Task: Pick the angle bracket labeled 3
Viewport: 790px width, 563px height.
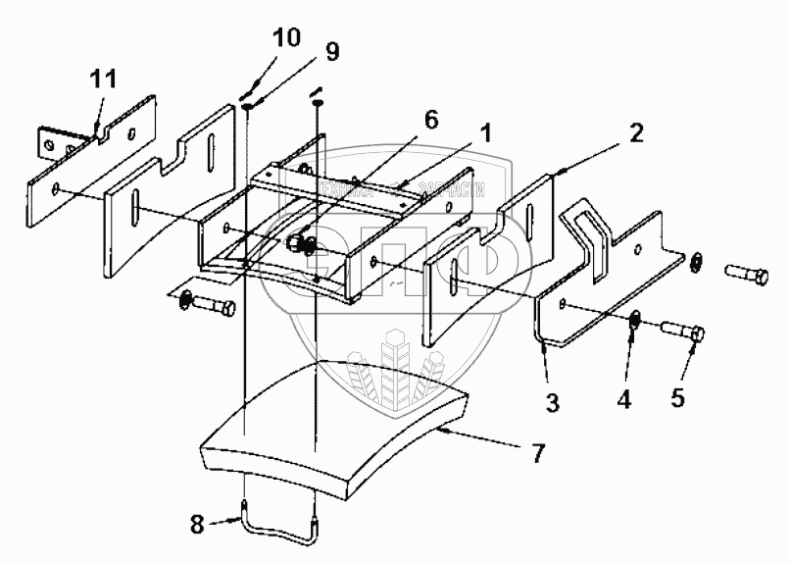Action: (608, 284)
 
